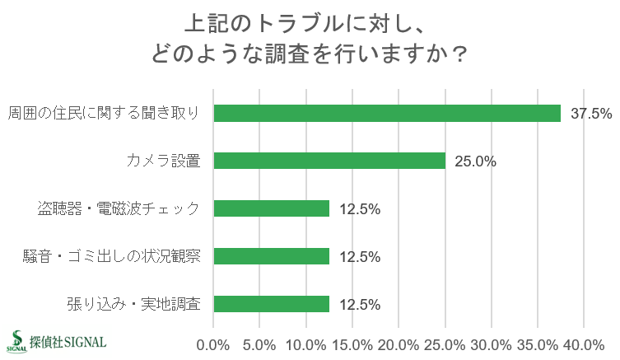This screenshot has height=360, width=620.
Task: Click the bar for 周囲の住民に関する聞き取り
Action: click(387, 113)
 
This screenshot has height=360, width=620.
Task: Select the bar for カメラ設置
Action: click(329, 161)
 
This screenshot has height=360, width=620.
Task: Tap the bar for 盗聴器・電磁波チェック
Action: click(272, 208)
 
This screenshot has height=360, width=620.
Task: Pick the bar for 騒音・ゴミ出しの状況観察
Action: click(272, 256)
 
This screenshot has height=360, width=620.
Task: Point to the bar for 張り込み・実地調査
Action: click(272, 304)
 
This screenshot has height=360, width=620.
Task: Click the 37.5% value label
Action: click(591, 114)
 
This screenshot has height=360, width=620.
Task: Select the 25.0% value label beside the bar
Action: click(476, 161)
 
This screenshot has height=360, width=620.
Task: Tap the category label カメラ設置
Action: click(163, 161)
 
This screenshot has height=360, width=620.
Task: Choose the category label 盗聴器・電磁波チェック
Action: click(119, 208)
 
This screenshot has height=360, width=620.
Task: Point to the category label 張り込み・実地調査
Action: click(133, 304)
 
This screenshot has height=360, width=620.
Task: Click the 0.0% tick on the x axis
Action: click(214, 343)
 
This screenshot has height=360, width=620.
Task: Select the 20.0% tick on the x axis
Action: click(399, 343)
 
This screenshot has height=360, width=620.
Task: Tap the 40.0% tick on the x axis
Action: click(584, 343)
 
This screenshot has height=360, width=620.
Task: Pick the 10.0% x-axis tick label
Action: click(306, 343)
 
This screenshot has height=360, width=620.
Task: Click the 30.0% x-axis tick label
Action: click(492, 343)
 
